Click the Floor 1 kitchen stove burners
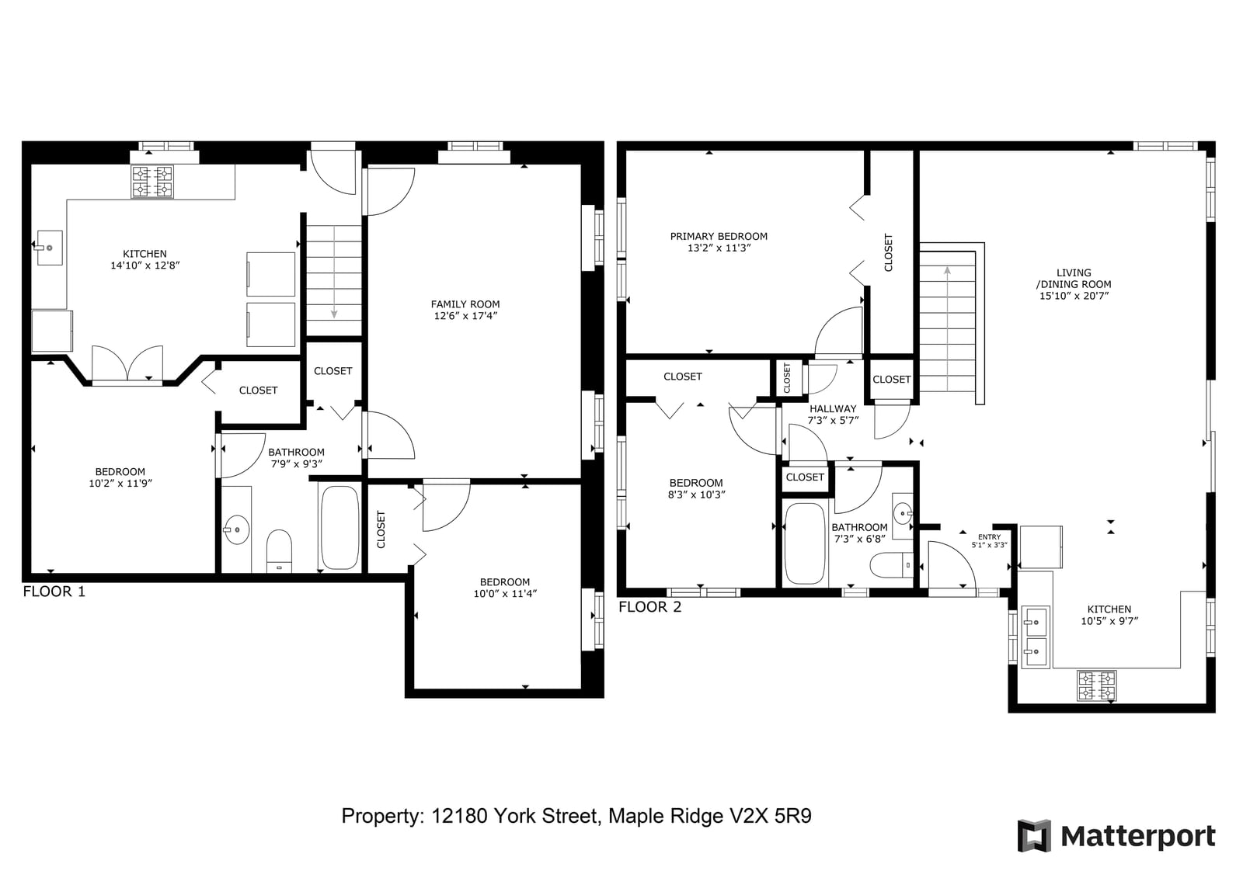point(152,182)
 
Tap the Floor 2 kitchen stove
point(1096,685)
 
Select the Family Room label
point(465,310)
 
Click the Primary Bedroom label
point(719,242)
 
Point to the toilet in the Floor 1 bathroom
point(279,550)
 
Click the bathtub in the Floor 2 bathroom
point(805,543)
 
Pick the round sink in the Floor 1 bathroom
point(236,529)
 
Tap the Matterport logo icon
point(1034,836)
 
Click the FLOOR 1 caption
point(54,592)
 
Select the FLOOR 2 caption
point(649,607)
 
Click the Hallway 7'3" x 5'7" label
point(832,415)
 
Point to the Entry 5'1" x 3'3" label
point(990,541)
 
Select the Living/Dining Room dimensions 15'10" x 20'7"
point(1074,296)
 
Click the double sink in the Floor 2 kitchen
point(1036,637)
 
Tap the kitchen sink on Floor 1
point(50,248)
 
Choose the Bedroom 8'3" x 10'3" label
point(696,488)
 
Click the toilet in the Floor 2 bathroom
point(891,565)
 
